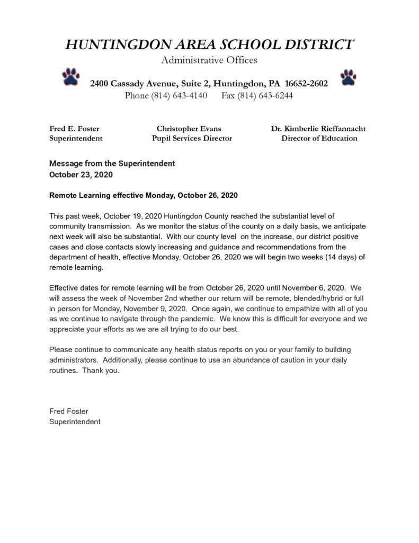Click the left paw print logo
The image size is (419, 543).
point(71,77)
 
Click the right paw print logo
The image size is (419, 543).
point(347,77)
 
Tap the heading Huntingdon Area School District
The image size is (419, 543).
point(209,45)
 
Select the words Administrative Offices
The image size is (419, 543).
point(209,60)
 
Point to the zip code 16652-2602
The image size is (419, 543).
point(307,84)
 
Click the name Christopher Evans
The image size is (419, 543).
point(189,128)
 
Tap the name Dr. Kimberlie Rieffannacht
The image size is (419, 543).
point(318,128)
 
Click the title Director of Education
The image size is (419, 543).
point(319,138)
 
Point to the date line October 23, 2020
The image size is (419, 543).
point(81,174)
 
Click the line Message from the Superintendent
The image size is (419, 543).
point(112,164)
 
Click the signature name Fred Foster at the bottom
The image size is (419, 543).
point(69,411)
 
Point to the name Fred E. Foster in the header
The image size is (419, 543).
point(74,128)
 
